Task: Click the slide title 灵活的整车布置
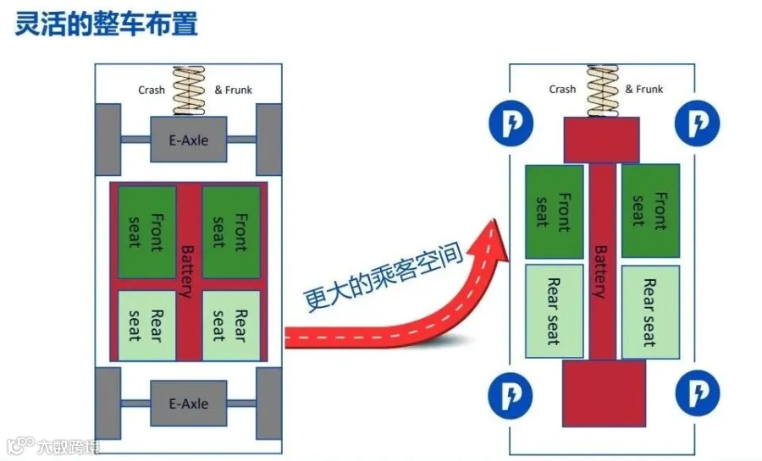coord(107,25)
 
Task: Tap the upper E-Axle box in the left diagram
coord(189,140)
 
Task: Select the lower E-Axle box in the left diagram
coord(189,403)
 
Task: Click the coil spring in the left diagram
coord(189,91)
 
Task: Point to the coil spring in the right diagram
coord(603,91)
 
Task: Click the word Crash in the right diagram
coord(562,90)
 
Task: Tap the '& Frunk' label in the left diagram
coord(234,90)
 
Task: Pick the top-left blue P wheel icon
coord(511,123)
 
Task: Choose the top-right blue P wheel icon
coord(698,123)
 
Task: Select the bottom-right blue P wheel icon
coord(698,392)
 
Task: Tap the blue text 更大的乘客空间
coord(383,277)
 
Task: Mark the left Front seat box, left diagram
coord(146,233)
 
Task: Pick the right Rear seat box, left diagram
coord(231,326)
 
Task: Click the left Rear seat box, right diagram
coord(555,311)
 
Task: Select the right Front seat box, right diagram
coord(651,211)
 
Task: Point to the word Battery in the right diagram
coord(601,272)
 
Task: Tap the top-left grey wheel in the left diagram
coord(108,140)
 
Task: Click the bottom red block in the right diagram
coord(604,393)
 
